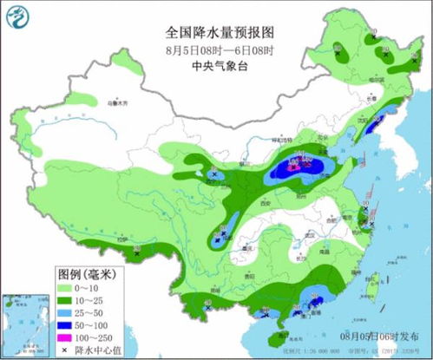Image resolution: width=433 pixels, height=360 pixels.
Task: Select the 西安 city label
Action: [258, 201]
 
